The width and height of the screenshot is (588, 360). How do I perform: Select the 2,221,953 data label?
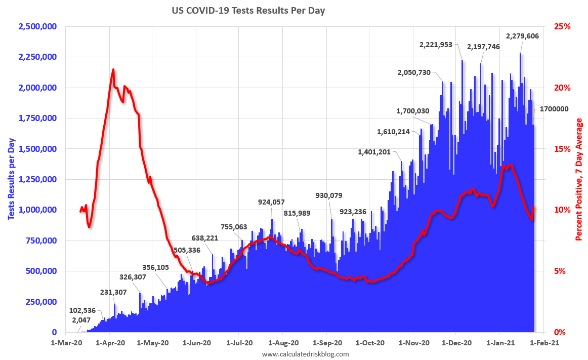click(x=440, y=45)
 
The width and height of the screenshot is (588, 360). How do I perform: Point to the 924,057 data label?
click(x=271, y=202)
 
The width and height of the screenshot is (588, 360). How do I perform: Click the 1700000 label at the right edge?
click(x=554, y=109)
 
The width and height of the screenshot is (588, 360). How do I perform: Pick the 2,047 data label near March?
click(x=81, y=320)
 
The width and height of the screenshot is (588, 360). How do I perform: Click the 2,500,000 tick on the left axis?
click(x=37, y=26)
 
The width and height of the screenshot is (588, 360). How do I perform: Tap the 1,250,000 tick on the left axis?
click(x=37, y=179)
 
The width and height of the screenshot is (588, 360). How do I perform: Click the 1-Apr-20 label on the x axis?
click(x=110, y=343)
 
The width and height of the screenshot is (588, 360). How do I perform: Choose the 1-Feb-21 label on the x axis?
click(x=544, y=343)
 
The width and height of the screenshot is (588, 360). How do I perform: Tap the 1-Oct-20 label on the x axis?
click(x=370, y=343)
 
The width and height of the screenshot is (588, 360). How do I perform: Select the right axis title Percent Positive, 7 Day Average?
click(x=579, y=179)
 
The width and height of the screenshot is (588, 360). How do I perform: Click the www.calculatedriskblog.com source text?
click(x=305, y=354)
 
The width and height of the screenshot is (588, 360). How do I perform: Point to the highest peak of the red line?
click(x=113, y=69)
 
